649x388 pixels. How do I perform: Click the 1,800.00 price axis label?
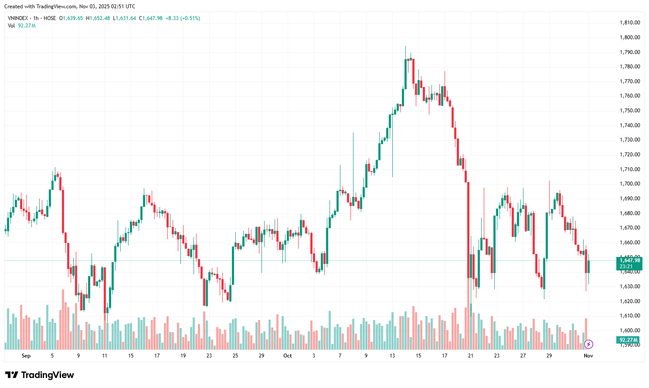[630, 37]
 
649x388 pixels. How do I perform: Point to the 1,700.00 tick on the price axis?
[630, 184]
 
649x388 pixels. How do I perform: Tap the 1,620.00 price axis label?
[630, 301]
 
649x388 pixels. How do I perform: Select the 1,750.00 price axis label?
[630, 111]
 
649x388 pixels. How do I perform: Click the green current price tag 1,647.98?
[630, 260]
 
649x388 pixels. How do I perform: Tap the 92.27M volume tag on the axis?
[629, 340]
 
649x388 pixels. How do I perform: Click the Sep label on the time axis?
[26, 356]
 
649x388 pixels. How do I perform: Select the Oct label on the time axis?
[288, 356]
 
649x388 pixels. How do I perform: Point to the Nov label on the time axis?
[588, 356]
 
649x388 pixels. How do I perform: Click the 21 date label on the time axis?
[471, 356]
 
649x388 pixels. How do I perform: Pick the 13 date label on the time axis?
[392, 356]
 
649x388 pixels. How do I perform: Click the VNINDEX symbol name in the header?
[18, 18]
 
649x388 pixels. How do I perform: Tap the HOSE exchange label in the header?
[50, 18]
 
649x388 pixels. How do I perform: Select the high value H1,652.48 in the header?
[98, 18]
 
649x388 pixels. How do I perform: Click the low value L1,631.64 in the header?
[125, 18]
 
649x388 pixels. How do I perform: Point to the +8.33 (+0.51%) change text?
[183, 18]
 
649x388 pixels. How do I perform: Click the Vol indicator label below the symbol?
[11, 26]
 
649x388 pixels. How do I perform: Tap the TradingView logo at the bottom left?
[40, 375]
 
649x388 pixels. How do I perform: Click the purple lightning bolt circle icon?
[588, 344]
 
